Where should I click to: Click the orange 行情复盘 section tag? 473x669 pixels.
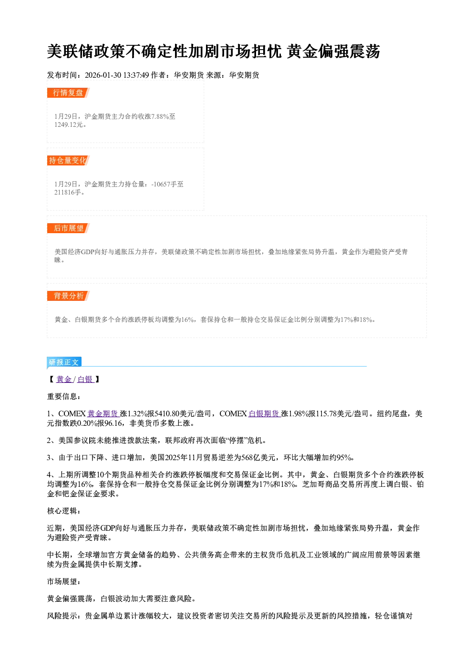68,93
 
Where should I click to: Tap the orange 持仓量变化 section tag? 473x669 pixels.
68,160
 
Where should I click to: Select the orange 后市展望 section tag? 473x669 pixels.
68,228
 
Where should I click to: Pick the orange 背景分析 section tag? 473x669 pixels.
68,296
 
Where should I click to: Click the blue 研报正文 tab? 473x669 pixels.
64,362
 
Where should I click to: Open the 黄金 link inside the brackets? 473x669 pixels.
63,379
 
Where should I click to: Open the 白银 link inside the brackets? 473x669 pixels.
85,379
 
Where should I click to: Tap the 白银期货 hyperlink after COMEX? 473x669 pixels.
264,413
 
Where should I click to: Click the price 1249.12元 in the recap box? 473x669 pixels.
68,125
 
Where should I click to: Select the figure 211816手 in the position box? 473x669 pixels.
68,193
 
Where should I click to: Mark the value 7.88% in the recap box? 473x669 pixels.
160,116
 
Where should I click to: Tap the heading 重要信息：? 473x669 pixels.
63,397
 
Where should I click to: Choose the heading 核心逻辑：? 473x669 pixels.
63,511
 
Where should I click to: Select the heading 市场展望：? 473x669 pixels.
63,581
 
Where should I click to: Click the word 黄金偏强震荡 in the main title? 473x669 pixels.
333,51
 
